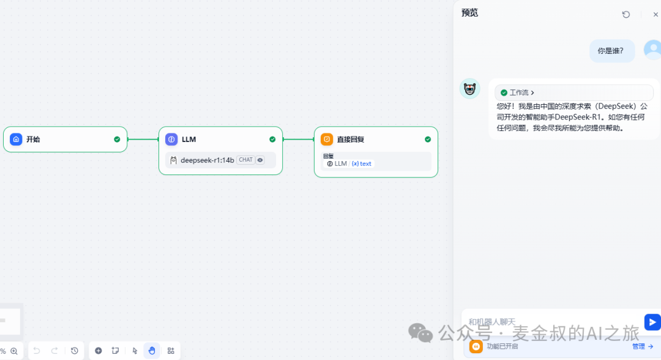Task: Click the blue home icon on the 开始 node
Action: [x=16, y=139]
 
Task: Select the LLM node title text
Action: [x=189, y=139]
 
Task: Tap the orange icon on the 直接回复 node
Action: [x=327, y=139]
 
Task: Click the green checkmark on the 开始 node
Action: [x=117, y=139]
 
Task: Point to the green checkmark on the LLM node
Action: [x=272, y=139]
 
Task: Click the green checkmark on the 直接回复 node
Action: [x=428, y=139]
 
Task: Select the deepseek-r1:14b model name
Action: [x=207, y=160]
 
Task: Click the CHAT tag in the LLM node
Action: [x=246, y=160]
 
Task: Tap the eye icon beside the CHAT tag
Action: [x=260, y=160]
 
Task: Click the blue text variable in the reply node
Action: [x=362, y=163]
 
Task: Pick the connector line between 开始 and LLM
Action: [x=143, y=139]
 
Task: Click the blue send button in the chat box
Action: [x=652, y=323]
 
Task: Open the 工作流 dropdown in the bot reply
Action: [x=517, y=92]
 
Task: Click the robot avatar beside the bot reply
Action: [x=469, y=89]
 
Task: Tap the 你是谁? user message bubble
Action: [x=611, y=51]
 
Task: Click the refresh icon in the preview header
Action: [x=626, y=14]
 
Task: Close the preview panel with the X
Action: [x=655, y=14]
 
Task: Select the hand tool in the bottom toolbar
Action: [x=152, y=351]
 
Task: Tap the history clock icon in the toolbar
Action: [x=75, y=351]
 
